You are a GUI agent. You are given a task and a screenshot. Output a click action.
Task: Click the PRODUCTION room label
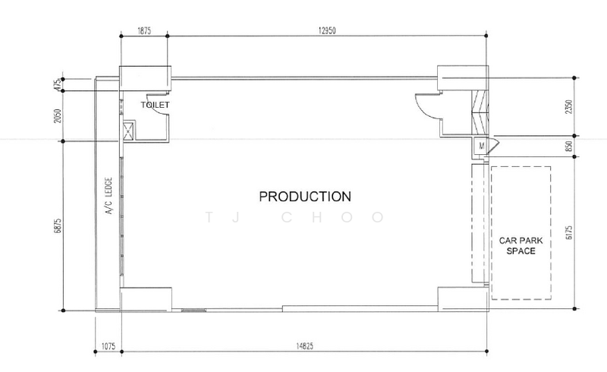pyautogui.click(x=305, y=197)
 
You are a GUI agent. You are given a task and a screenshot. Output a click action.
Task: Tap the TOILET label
pyautogui.click(x=155, y=105)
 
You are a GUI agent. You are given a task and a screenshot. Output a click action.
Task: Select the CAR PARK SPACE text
pyautogui.click(x=521, y=246)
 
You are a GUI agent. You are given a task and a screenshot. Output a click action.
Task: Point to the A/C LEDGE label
pyautogui.click(x=109, y=196)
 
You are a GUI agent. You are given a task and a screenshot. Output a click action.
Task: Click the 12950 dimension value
pyautogui.click(x=327, y=30)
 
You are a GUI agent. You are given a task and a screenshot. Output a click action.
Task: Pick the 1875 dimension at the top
pyautogui.click(x=144, y=30)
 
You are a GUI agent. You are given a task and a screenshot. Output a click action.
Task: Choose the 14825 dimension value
pyautogui.click(x=305, y=346)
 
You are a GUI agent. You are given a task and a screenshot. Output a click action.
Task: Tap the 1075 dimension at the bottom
pyautogui.click(x=109, y=346)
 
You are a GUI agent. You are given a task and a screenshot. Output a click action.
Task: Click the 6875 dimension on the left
pyautogui.click(x=58, y=226)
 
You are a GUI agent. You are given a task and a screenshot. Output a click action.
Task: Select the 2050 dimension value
pyautogui.click(x=58, y=116)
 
